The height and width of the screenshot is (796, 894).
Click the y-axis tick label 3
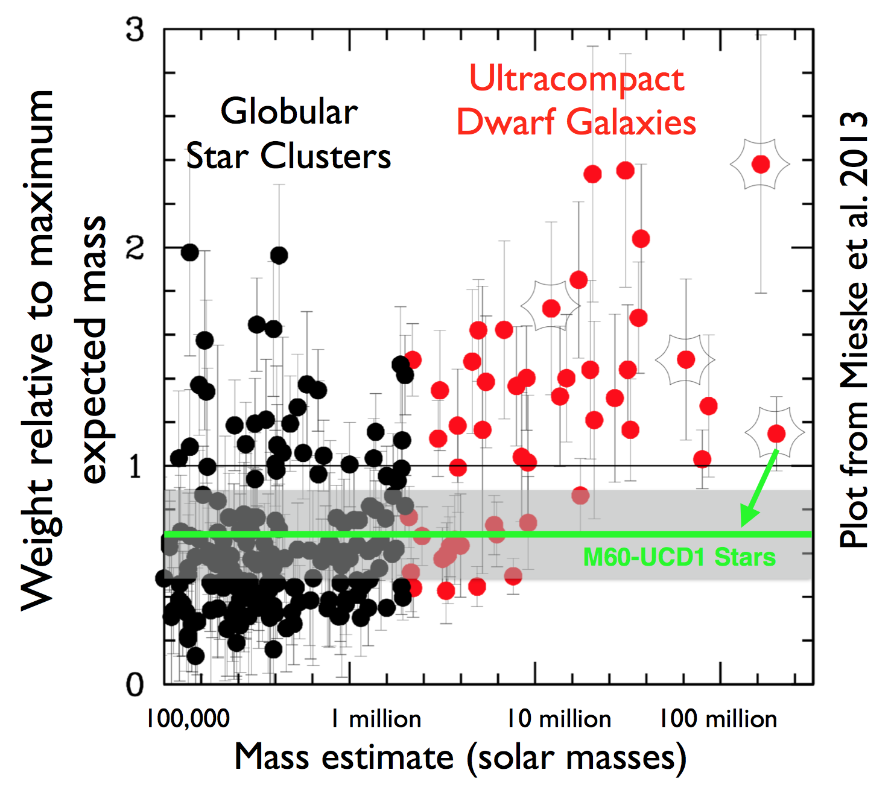[x=136, y=30]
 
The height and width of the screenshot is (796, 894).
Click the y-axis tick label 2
[x=136, y=248]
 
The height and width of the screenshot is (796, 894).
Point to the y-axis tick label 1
[x=136, y=466]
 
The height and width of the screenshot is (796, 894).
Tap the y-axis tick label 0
[x=136, y=685]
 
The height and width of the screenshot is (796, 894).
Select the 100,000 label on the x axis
[x=188, y=719]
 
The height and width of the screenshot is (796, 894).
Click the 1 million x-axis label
[x=376, y=719]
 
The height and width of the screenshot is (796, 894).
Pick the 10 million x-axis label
[x=559, y=719]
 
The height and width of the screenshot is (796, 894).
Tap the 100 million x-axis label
[x=718, y=719]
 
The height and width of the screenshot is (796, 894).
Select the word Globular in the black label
[x=289, y=112]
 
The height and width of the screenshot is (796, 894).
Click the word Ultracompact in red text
[x=577, y=79]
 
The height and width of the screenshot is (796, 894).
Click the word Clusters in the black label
[x=326, y=156]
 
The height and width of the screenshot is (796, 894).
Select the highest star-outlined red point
[x=761, y=164]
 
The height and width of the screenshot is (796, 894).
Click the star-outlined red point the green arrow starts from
[x=776, y=433]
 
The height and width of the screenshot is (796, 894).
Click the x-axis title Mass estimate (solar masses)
[x=460, y=757]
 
